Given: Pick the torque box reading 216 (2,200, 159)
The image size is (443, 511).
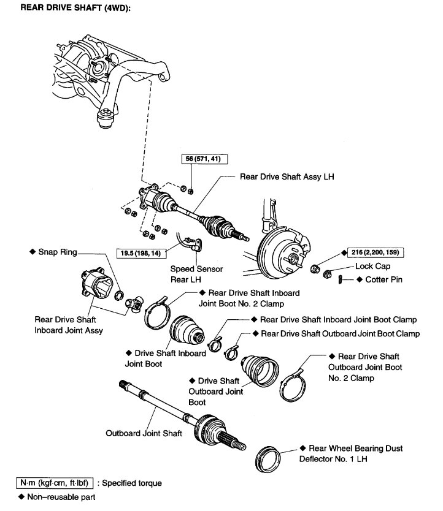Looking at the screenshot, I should tap(376, 252).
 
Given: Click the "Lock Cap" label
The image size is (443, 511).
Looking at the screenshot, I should tap(372, 267).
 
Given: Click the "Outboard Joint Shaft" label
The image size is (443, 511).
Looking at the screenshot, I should tap(144, 433).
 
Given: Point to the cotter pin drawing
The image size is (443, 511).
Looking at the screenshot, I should tap(339, 280).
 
